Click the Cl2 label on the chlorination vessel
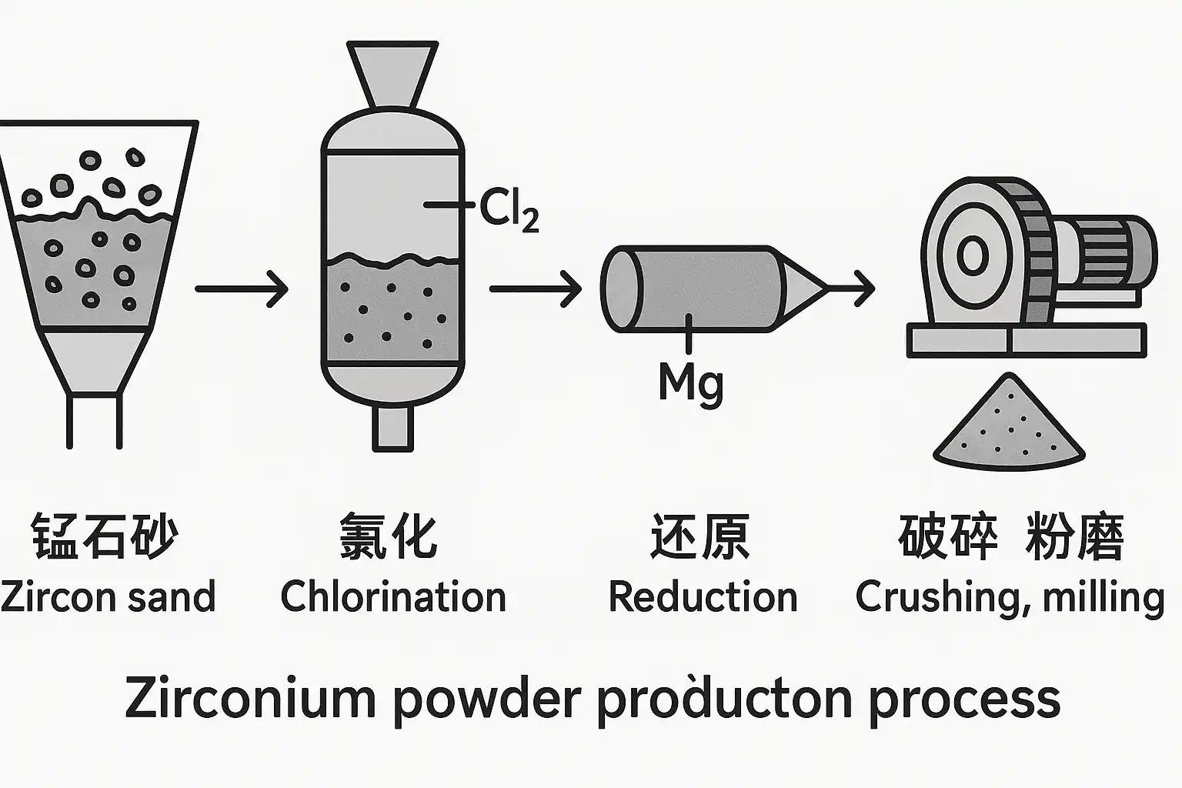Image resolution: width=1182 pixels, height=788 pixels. (x=509, y=208)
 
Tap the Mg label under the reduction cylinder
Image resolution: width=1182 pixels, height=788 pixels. (x=691, y=382)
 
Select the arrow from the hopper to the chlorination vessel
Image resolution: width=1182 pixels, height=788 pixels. (x=242, y=289)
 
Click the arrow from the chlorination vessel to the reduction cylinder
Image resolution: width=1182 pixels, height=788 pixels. (x=536, y=289)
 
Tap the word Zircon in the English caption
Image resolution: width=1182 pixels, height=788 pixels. (x=50, y=597)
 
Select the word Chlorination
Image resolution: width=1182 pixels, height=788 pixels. (x=392, y=597)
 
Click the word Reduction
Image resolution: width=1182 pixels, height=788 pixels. (x=703, y=597)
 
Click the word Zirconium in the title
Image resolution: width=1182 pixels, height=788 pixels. (x=250, y=699)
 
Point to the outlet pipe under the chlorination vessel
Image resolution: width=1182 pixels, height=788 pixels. (x=392, y=427)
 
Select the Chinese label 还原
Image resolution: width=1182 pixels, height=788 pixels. (x=700, y=536)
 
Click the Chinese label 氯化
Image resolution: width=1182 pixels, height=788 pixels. (x=389, y=536)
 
